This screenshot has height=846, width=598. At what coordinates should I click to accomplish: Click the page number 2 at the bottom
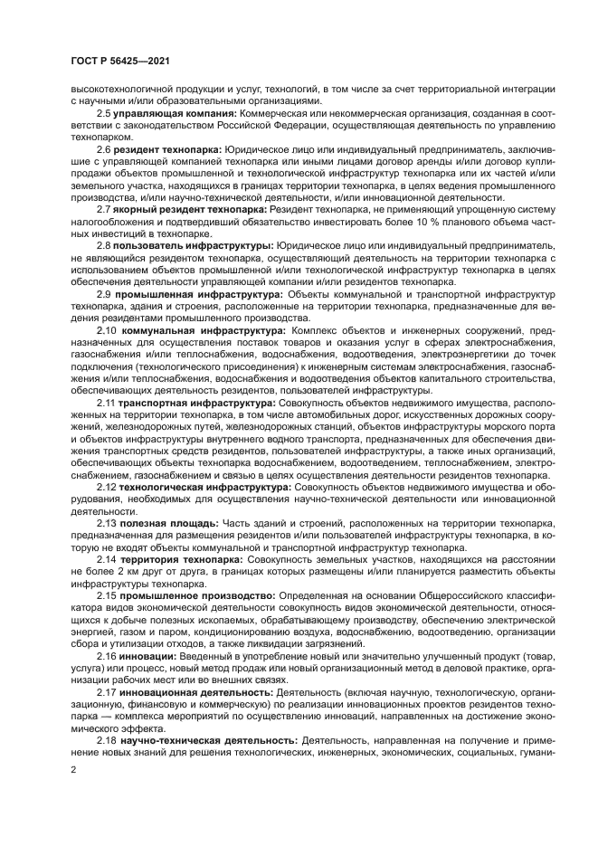[x=72, y=770]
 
